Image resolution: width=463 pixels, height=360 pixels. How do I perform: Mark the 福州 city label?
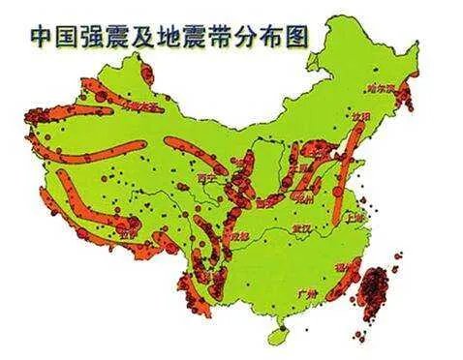click(x=343, y=261)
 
